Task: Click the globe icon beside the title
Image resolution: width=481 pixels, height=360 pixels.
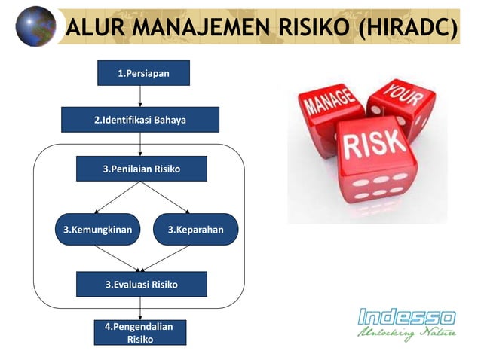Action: (x=35, y=26)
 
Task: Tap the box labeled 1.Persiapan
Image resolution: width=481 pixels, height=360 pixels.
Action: (x=143, y=73)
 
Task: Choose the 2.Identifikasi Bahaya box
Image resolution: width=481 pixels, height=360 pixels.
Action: (x=140, y=120)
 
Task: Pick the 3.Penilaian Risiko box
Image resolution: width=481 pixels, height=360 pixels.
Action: (x=142, y=169)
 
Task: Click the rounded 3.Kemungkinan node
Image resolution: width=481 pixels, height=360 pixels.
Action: (x=97, y=230)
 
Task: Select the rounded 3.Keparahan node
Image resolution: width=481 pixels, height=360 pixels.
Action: (x=195, y=230)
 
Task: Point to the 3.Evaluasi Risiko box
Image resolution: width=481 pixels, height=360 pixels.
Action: (x=142, y=284)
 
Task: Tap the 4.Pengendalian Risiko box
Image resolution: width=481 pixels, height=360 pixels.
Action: (x=140, y=333)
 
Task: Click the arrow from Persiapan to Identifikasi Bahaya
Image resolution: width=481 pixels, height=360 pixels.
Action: (x=140, y=96)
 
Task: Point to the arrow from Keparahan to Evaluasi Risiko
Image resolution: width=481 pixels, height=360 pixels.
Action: (x=169, y=258)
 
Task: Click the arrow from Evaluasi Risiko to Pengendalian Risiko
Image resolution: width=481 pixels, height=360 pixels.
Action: (x=140, y=309)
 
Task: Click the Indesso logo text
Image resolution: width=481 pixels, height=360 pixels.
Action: (x=406, y=316)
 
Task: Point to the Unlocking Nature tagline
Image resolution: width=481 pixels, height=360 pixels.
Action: (x=406, y=333)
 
